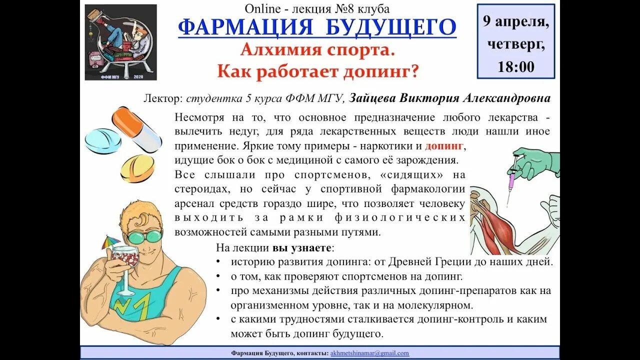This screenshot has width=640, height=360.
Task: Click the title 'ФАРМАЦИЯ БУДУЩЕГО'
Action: pyautogui.click(x=317, y=27)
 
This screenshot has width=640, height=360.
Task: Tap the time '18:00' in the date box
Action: pyautogui.click(x=516, y=67)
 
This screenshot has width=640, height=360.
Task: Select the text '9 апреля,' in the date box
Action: pyautogui.click(x=515, y=22)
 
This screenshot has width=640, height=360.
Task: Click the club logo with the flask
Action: pyautogui.click(x=120, y=42)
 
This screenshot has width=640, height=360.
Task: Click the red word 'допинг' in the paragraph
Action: pyautogui.click(x=445, y=146)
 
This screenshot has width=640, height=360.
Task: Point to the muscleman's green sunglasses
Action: pyautogui.click(x=144, y=236)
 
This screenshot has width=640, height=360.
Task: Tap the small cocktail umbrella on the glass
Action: pyautogui.click(x=108, y=243)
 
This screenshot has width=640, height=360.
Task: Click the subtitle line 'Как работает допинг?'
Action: pyautogui.click(x=317, y=71)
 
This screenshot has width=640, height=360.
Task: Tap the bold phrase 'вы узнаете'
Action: pyautogui.click(x=301, y=247)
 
